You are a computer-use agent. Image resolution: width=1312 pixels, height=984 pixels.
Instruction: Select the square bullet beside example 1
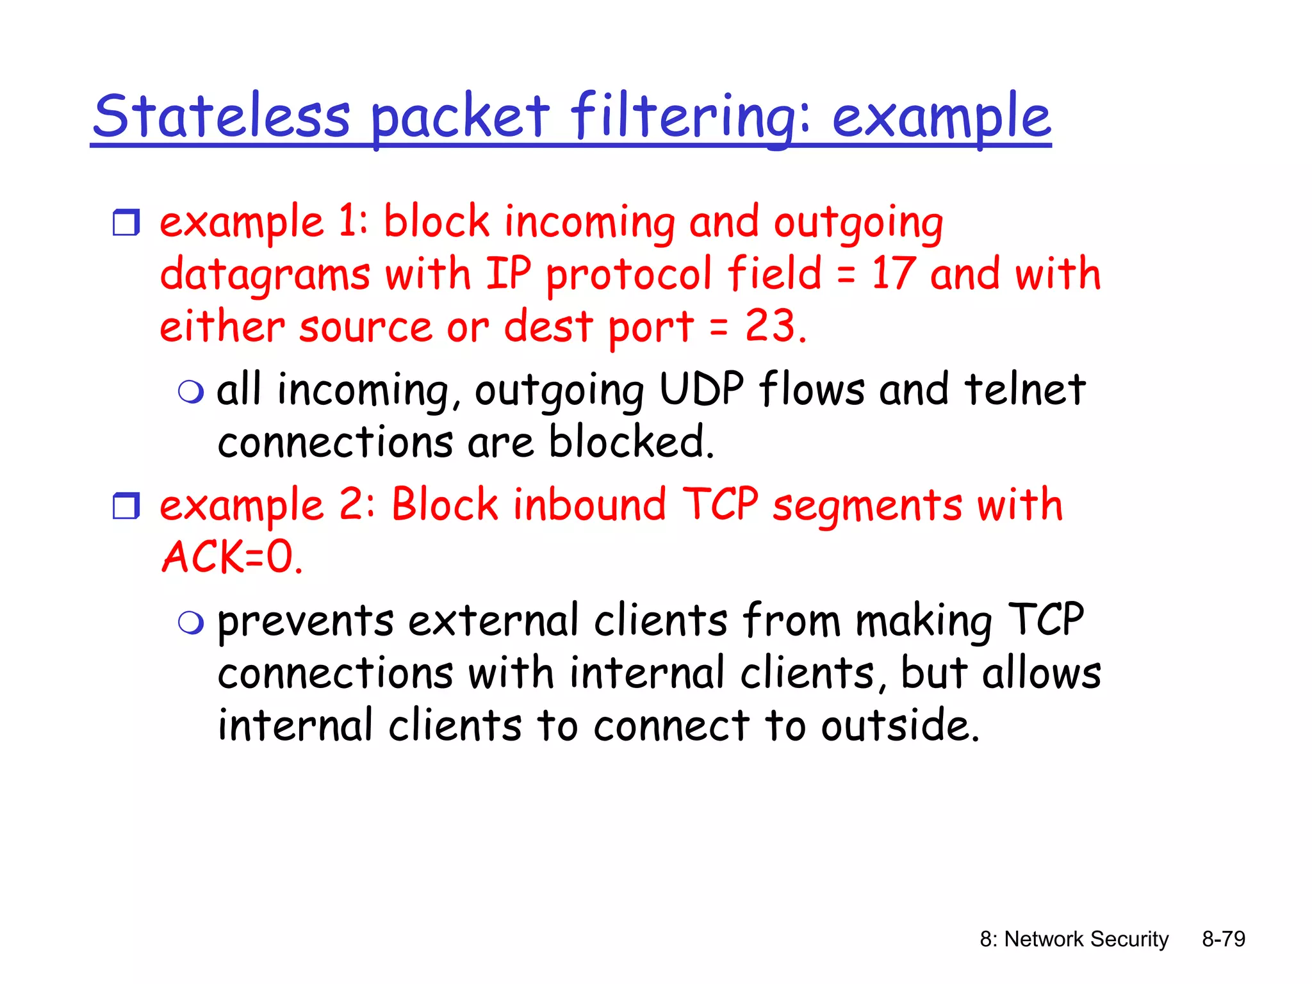tap(126, 222)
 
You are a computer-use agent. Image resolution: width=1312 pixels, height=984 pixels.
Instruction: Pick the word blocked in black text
tap(630, 442)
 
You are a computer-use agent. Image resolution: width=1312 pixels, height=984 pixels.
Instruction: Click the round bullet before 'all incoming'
tap(191, 391)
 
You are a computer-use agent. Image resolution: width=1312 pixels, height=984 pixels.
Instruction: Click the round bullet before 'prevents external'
tap(191, 622)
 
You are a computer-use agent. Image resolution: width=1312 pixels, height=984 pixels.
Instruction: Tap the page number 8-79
tap(1223, 939)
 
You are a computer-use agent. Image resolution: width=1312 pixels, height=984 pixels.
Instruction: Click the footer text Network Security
tap(1085, 939)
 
